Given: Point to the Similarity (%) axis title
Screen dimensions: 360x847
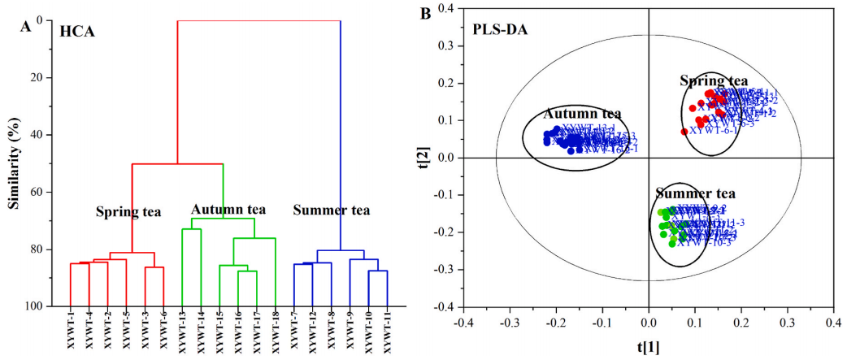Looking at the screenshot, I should click(x=14, y=163).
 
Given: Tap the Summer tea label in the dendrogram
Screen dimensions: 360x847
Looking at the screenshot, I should click(x=331, y=210).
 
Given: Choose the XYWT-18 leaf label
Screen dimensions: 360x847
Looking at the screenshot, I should click(x=276, y=334).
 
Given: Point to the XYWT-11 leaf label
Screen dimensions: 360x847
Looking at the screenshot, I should click(x=387, y=334).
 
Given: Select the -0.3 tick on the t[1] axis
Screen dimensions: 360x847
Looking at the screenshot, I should click(x=510, y=323).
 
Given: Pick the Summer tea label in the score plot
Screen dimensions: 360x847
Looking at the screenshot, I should click(x=695, y=194).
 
